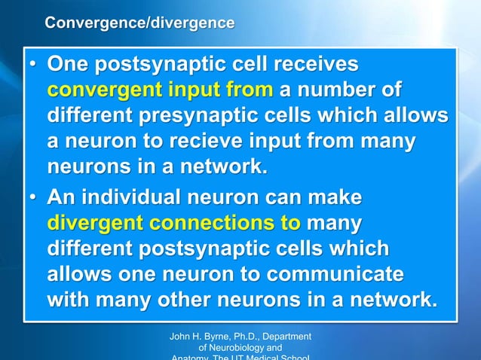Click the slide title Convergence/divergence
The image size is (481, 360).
(139, 23)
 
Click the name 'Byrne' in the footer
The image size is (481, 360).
(219, 336)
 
